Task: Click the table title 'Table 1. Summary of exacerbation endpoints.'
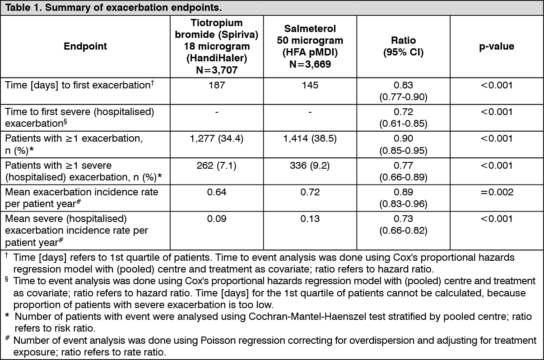[113, 8]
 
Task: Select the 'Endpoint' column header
[85, 46]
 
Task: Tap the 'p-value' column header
[497, 46]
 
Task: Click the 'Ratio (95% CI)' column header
[404, 46]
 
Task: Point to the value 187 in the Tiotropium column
[217, 85]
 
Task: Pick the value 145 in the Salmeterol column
[310, 85]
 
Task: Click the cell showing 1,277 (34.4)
[217, 138]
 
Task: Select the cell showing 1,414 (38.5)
[310, 138]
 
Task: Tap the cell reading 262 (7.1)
[217, 165]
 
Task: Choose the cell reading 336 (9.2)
[310, 165]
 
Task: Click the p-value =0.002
[497, 192]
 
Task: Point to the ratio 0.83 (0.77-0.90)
[404, 91]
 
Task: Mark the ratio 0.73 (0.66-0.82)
[404, 225]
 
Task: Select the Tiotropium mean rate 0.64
[217, 192]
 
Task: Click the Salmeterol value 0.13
[310, 219]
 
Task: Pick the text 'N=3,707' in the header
[217, 70]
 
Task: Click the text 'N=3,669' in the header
[310, 64]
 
